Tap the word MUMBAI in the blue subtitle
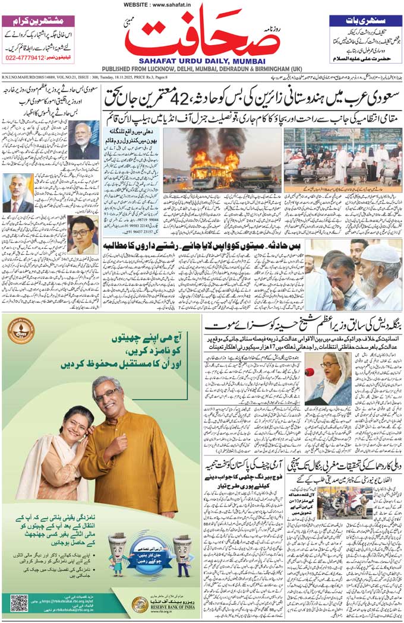(247, 60)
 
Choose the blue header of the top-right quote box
(365, 20)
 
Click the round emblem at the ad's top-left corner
(21, 330)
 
